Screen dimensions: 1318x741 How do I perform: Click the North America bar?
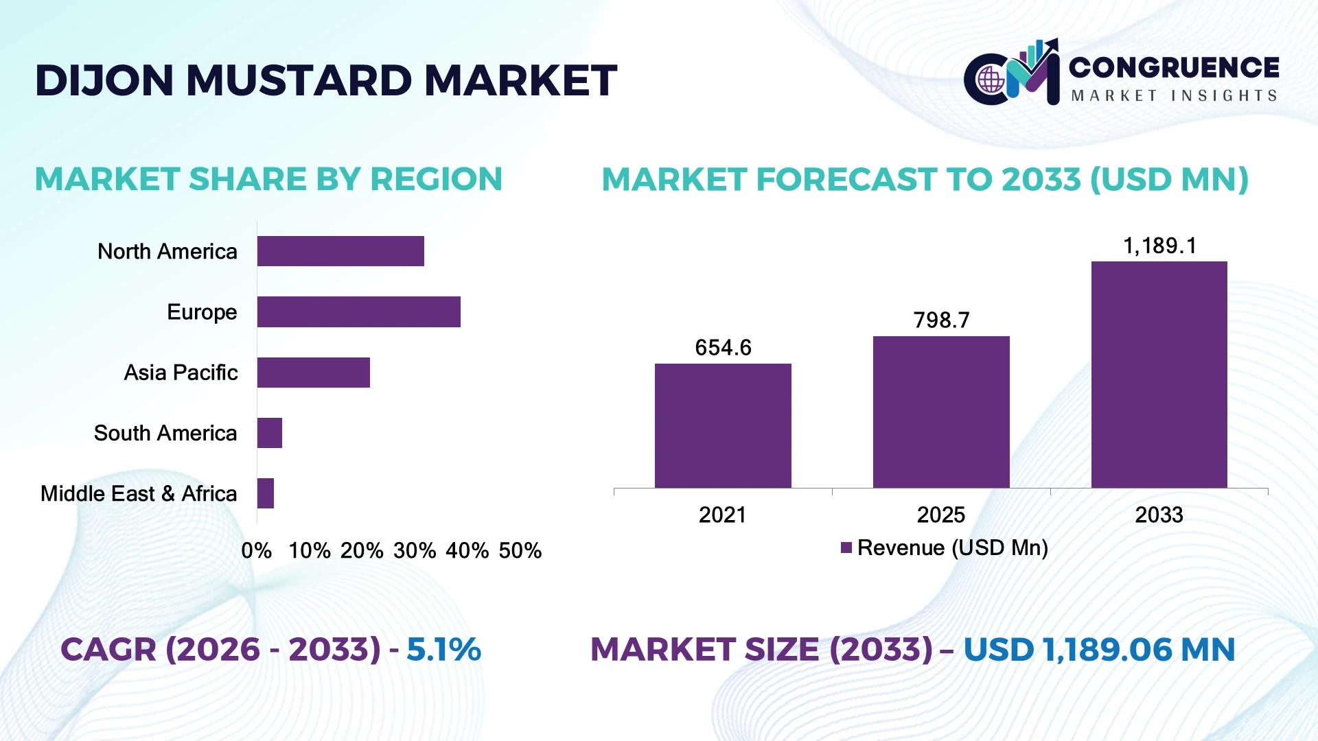[340, 251]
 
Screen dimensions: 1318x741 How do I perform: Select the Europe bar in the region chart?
[359, 311]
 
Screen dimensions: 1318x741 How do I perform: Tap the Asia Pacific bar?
[314, 373]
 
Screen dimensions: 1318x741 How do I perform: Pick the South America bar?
[270, 433]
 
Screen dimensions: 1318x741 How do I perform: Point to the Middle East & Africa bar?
[266, 493]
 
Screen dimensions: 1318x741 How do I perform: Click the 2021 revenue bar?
[723, 426]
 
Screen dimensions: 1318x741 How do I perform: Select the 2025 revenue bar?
[941, 412]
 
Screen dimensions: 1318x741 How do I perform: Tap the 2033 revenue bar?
[1159, 375]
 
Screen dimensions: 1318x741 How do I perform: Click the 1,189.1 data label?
[1159, 246]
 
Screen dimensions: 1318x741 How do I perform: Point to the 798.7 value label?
[941, 320]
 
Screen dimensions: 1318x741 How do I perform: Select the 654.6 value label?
[723, 348]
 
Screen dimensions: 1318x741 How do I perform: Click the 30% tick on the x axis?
[415, 550]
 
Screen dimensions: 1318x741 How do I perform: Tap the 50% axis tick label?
[520, 550]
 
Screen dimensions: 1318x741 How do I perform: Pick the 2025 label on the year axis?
[941, 515]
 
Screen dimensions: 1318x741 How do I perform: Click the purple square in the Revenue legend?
[846, 548]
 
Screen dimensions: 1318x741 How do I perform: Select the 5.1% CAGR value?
[443, 649]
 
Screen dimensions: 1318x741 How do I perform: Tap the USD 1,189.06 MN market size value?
[1099, 649]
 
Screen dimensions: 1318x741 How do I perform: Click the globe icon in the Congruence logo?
[991, 80]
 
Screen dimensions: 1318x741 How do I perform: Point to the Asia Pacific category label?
[181, 373]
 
